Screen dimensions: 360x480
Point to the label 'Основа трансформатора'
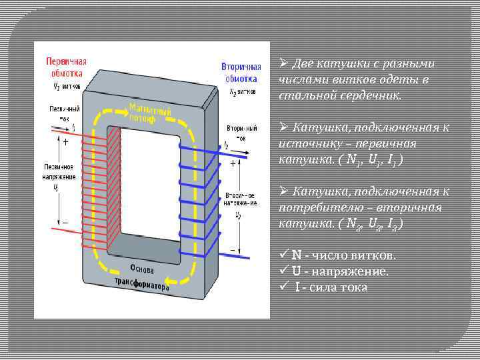(142, 275)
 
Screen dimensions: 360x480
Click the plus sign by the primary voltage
(65, 142)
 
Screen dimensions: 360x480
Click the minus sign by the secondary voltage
(231, 250)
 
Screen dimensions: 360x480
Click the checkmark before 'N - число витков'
(284, 255)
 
